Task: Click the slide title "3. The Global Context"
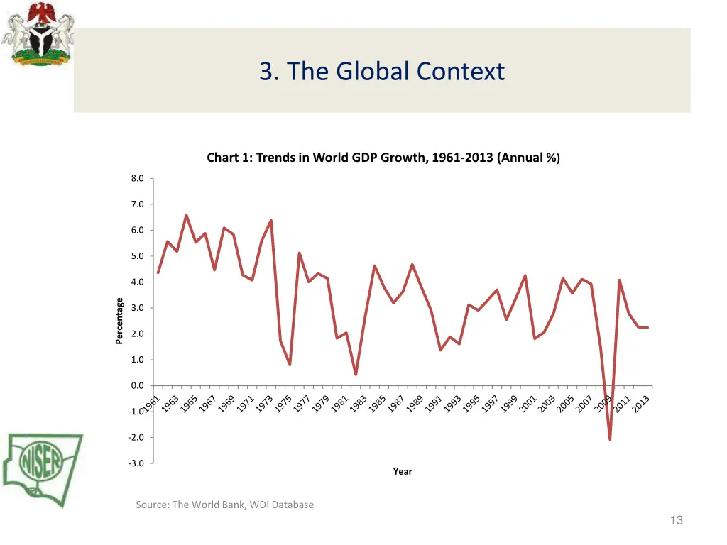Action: (382, 72)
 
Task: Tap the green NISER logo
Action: (43, 468)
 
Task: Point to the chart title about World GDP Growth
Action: (383, 158)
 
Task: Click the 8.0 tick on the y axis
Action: (137, 179)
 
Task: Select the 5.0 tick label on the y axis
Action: (137, 256)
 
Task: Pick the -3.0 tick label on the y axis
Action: (136, 463)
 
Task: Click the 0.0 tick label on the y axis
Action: (137, 386)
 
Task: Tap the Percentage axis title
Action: (119, 321)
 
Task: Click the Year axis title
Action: (403, 472)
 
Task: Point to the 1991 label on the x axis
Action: (432, 403)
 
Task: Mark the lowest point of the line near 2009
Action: (610, 439)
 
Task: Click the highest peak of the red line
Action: (186, 215)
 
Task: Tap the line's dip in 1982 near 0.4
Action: (356, 374)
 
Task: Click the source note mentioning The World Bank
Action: (224, 505)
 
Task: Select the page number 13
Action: (676, 520)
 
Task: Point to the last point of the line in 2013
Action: (647, 327)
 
